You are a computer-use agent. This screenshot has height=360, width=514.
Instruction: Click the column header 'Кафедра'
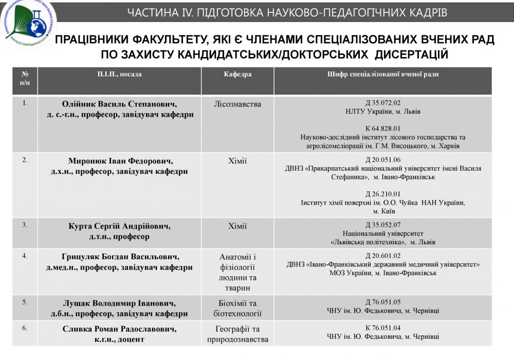coord(237,75)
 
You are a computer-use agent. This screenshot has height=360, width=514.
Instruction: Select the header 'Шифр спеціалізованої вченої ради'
coord(383,75)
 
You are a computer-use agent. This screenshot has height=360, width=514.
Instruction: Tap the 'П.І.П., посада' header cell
coord(120,75)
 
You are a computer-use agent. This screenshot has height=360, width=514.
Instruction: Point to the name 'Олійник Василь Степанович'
coord(120,104)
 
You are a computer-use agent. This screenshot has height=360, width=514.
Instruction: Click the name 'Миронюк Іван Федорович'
coord(120,161)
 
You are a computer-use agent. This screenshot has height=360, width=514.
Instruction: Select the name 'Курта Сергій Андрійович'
coord(120,226)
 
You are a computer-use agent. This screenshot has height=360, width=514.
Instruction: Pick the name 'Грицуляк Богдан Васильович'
coord(120,257)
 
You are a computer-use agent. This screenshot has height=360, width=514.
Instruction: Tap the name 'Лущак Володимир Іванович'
coord(120,303)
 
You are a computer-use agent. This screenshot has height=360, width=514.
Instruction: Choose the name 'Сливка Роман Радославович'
coord(120,329)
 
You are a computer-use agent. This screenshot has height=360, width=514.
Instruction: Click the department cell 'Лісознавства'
coord(237,104)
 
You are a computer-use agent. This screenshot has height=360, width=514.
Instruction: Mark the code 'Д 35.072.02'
coord(383,103)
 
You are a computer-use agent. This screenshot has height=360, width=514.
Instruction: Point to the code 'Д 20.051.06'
coord(383,159)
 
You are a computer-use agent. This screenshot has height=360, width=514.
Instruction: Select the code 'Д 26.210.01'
coord(383,194)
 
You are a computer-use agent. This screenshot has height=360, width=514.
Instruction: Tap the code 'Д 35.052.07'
coord(383,225)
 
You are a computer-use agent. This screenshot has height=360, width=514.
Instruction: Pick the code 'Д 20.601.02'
coord(383,256)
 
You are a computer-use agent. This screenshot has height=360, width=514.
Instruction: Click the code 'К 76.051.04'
coord(383,328)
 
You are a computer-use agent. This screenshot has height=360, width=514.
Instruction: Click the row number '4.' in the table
coord(25,256)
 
